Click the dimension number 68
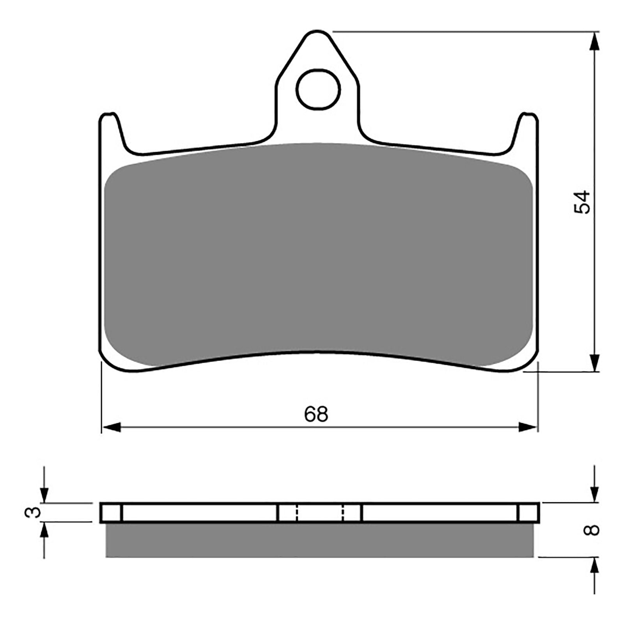(x=316, y=414)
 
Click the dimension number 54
(x=582, y=202)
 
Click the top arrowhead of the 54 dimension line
(x=594, y=41)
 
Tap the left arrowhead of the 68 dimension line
(x=111, y=427)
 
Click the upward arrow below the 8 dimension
(x=594, y=565)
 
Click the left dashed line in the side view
(x=296, y=512)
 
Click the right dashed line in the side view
(x=343, y=512)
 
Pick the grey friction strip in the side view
(x=319, y=540)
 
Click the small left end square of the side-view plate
(x=112, y=512)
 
